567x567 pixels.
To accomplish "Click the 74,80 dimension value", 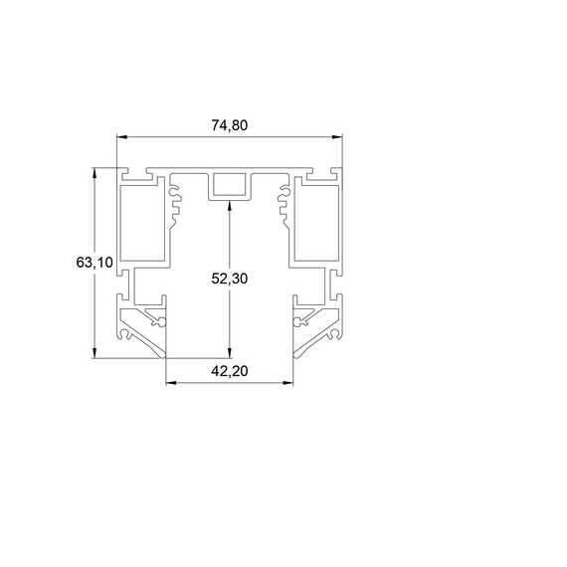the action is coord(229,125).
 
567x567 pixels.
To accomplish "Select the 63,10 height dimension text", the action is coord(94,263).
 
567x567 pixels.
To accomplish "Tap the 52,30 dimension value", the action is coord(229,279).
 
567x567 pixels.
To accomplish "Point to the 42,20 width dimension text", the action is coord(229,371).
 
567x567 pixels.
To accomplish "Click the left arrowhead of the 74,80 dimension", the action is coord(122,136).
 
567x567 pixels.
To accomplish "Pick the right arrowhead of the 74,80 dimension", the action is coord(337,136).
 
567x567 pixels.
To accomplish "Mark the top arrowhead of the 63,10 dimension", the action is coord(94,173).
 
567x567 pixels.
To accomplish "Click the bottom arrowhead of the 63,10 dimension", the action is coord(94,353).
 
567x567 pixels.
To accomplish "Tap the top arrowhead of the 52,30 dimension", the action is coord(229,206).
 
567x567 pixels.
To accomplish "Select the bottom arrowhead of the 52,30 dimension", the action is coord(229,353).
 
